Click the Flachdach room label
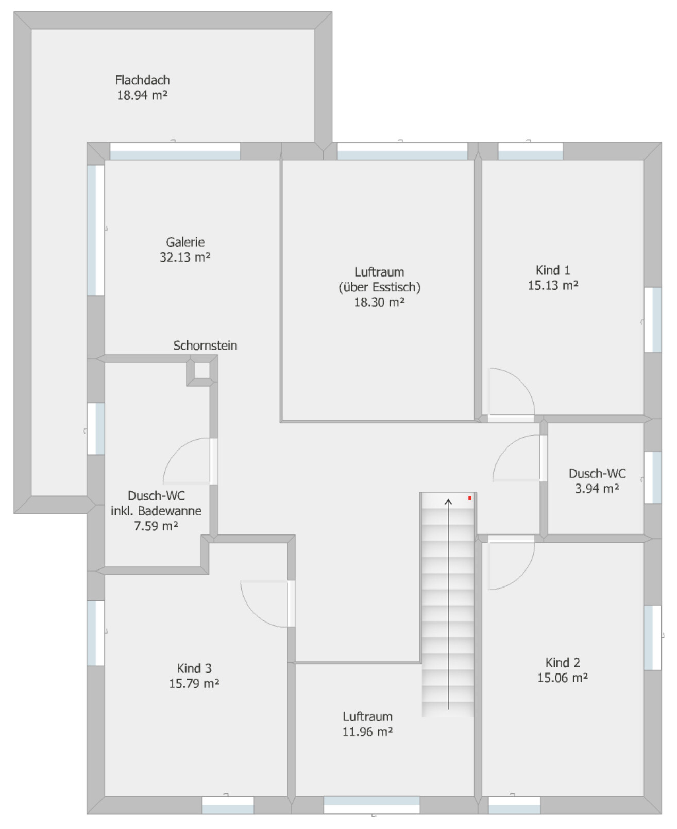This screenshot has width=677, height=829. [142, 80]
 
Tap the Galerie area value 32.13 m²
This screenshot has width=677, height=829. [185, 257]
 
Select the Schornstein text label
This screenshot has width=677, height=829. [205, 346]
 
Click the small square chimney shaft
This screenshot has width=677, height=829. [202, 370]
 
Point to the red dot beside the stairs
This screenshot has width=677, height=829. [470, 498]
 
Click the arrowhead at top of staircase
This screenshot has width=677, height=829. [448, 502]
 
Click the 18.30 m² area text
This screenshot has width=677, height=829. [379, 302]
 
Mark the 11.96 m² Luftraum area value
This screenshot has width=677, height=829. [367, 732]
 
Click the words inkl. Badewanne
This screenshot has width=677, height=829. [156, 511]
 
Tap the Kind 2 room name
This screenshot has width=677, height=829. [563, 662]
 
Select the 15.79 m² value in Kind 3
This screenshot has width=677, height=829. [194, 684]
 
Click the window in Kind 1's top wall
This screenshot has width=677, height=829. [530, 151]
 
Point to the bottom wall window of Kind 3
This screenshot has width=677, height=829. [228, 805]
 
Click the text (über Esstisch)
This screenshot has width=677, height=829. [379, 287]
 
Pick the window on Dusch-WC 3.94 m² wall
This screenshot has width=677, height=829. [652, 477]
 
